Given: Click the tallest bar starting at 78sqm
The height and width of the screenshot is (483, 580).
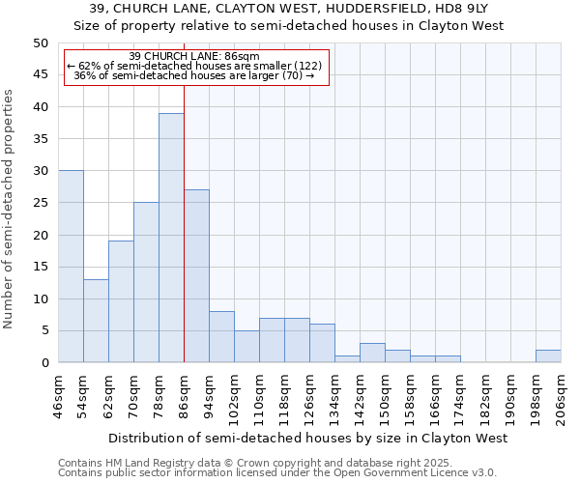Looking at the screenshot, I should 171,238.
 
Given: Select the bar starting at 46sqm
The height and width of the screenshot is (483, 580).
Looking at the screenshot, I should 71,267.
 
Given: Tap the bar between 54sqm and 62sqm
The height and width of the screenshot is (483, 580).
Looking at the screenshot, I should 96,321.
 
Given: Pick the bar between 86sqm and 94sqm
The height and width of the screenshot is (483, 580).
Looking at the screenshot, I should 196,276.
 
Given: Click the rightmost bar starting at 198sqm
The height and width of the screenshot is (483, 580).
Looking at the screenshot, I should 548,356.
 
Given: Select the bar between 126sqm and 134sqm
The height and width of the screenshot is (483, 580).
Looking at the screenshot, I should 322,343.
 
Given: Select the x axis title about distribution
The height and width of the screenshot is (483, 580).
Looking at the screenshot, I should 307,439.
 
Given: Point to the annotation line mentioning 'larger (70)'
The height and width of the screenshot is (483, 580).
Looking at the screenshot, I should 193,75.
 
